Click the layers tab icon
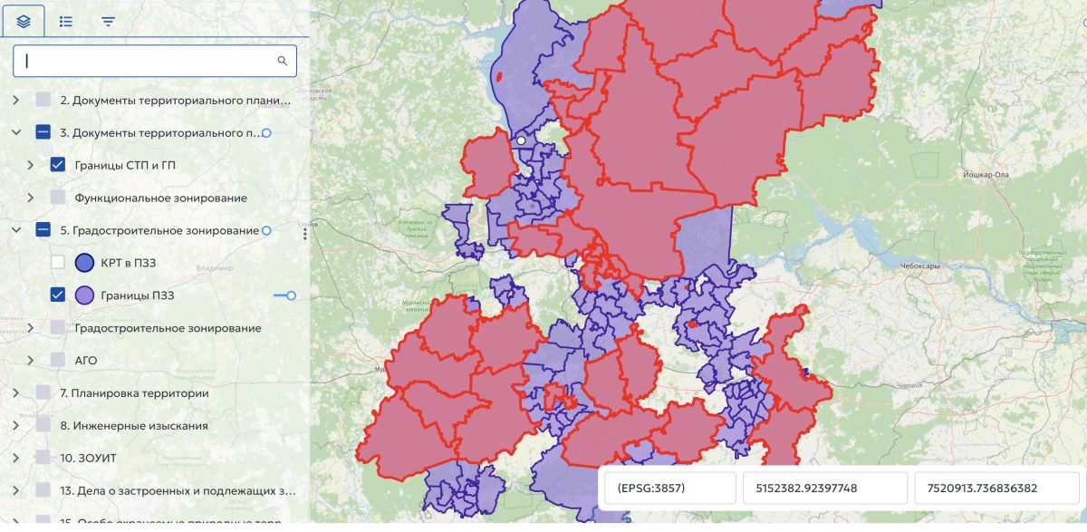(x=23, y=21)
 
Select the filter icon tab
(x=109, y=21)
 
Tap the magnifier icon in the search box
(x=283, y=61)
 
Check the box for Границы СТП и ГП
(x=58, y=165)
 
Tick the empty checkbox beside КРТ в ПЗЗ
(x=58, y=263)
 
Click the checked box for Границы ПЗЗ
(x=58, y=295)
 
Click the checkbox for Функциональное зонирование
(x=58, y=198)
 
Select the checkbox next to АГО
(x=58, y=361)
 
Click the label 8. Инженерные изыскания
(x=134, y=426)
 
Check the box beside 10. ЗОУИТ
(x=43, y=459)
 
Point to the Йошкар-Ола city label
(x=986, y=173)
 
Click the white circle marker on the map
(x=521, y=140)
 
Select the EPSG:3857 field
(x=670, y=488)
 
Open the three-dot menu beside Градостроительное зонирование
(x=305, y=234)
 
